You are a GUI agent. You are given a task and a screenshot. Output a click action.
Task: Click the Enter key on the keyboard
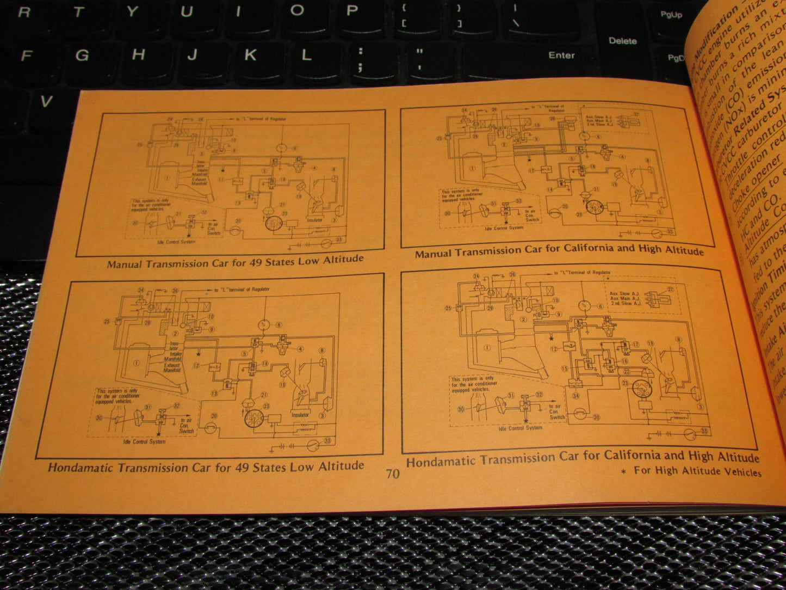[x=561, y=55]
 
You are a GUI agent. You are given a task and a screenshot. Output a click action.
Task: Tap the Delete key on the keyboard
[x=622, y=41]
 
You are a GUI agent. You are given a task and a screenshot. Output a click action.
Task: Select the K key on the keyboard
[x=250, y=55]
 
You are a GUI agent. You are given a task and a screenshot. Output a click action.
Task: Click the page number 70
[x=393, y=474]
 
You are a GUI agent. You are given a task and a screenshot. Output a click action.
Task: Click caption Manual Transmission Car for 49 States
[x=235, y=262]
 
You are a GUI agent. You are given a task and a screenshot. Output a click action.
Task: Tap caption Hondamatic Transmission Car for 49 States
[x=206, y=467]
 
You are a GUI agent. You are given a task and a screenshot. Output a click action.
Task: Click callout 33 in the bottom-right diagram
[x=705, y=432]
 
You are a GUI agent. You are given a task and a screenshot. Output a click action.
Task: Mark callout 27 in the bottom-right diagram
[x=670, y=290]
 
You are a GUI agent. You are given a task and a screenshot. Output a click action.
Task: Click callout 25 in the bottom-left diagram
[x=107, y=322]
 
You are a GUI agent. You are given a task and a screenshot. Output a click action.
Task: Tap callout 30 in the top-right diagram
[x=447, y=214]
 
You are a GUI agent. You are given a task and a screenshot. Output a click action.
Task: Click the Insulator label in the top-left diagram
[x=314, y=220]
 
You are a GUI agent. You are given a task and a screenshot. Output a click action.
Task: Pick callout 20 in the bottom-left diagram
[x=214, y=416]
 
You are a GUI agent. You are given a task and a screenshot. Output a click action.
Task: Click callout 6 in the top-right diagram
[x=599, y=137]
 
